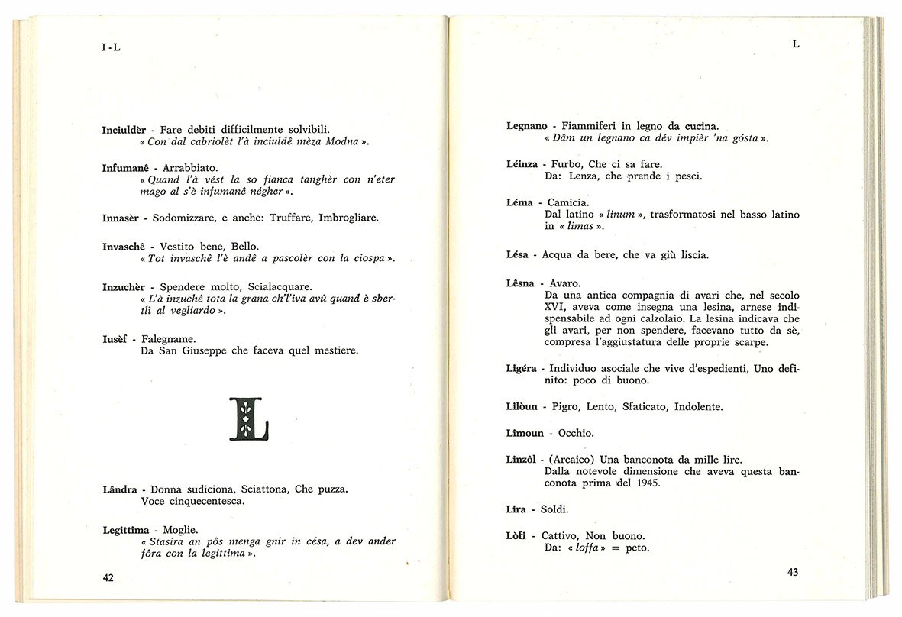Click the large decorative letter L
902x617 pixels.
point(248,419)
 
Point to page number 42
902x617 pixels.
point(108,578)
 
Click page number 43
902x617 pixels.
point(792,573)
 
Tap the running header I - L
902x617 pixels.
point(111,47)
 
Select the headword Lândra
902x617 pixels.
point(120,489)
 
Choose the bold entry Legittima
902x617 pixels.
point(128,529)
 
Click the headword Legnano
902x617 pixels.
point(527,125)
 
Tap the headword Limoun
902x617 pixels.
point(525,433)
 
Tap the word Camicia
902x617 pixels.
point(567,202)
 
